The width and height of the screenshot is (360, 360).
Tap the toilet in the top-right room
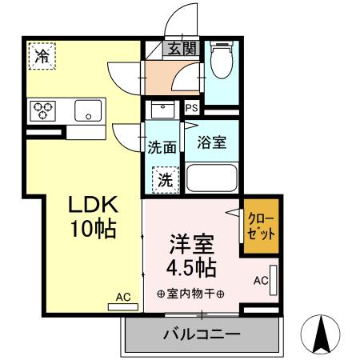(x=221, y=57)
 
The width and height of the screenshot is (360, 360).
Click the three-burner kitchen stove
(x=42, y=110)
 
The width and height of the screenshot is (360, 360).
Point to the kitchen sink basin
(x=87, y=111)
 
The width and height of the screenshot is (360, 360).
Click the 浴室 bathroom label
(x=212, y=144)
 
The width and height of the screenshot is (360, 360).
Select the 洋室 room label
(x=190, y=241)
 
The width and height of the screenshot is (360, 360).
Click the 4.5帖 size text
(x=190, y=266)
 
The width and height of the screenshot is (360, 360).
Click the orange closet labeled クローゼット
(x=262, y=228)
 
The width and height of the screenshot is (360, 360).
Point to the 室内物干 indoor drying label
(x=190, y=294)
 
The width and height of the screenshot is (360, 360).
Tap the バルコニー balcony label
(x=202, y=333)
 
